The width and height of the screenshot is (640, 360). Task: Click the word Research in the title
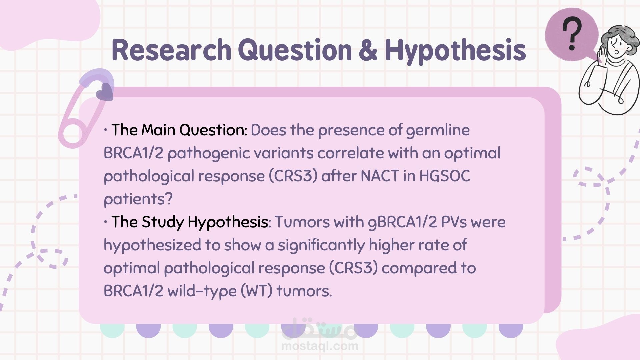point(171,50)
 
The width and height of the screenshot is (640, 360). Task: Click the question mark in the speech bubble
point(572,34)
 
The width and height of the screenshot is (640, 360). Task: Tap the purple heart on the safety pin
point(105,91)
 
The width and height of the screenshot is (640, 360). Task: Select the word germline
point(438,130)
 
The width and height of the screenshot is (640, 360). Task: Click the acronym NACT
point(380,176)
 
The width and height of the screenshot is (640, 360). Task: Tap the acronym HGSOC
point(445,176)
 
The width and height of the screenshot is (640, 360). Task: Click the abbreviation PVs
point(454,222)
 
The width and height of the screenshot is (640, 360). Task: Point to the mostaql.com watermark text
point(320,346)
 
